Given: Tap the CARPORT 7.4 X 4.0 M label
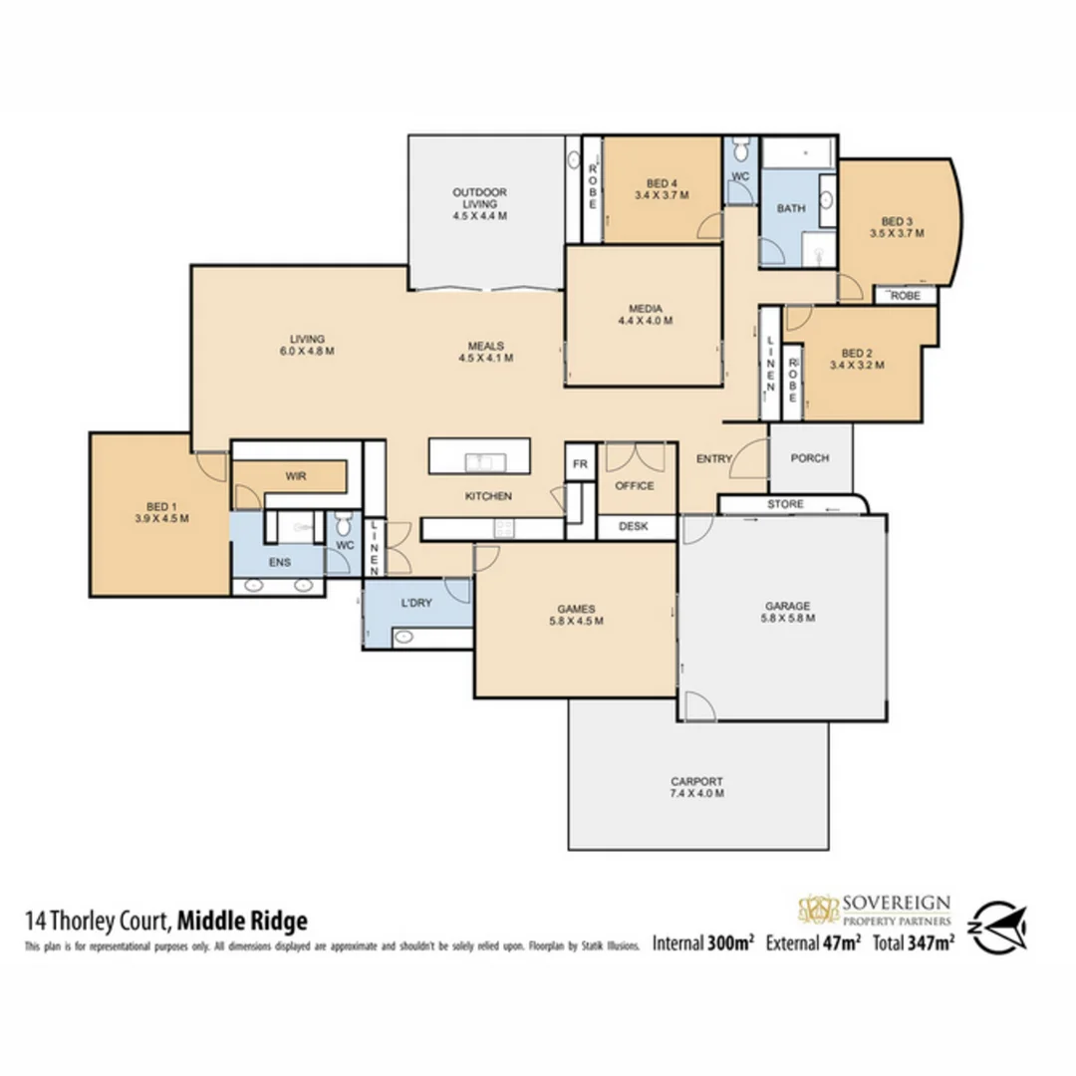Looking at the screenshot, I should tap(696, 786).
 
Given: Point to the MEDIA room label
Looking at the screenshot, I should tap(645, 314).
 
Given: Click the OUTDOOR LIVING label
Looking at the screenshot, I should tap(479, 202).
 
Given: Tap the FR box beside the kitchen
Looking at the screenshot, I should tap(580, 463).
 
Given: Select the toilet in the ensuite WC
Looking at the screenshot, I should tap(342, 522).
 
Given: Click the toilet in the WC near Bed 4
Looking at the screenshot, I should tap(739, 151).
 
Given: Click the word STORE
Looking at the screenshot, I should tap(785, 505).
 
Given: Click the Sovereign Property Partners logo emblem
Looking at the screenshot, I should tap(819, 910).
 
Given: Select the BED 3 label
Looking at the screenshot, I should tap(897, 227).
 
